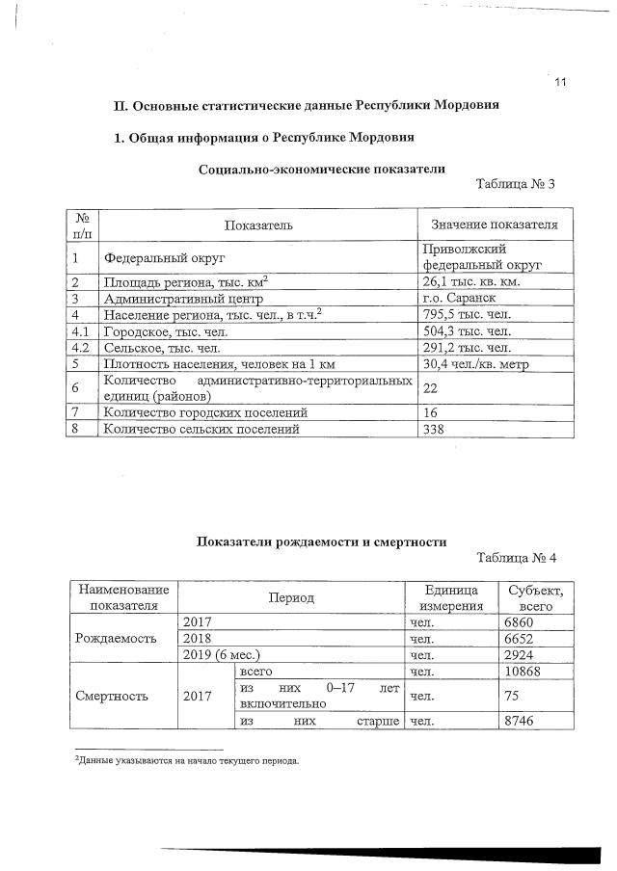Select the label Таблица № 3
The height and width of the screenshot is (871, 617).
[517, 184]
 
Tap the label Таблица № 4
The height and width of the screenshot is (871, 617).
[517, 558]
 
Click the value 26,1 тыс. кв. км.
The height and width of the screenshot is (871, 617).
[471, 281]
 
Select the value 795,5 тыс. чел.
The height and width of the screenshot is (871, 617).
[467, 314]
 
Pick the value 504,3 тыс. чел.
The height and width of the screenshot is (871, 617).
[467, 330]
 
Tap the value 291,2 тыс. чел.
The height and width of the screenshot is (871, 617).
[467, 347]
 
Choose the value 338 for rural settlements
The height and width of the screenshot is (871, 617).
[435, 429]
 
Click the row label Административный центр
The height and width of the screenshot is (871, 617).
[176, 298]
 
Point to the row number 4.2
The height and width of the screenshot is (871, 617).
[81, 347]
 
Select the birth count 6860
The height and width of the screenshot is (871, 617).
[521, 622]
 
